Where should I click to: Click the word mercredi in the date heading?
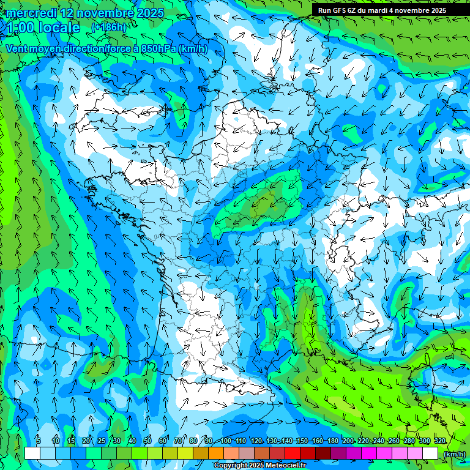(x=31, y=13)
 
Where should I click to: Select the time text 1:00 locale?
(x=43, y=28)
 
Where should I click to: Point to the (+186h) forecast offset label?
(x=108, y=28)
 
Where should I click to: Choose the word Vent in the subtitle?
(x=17, y=48)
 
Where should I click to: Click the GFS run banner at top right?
(x=382, y=10)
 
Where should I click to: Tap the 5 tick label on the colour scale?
(x=39, y=441)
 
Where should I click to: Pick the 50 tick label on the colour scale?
(x=147, y=441)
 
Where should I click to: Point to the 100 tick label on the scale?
(x=226, y=441)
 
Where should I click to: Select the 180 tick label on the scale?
(x=332, y=441)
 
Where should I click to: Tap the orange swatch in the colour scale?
(x=216, y=453)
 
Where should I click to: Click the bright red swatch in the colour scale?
(x=293, y=453)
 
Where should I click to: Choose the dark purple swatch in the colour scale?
(x=338, y=453)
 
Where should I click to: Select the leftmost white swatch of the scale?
(x=32, y=453)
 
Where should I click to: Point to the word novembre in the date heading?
(x=103, y=13)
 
